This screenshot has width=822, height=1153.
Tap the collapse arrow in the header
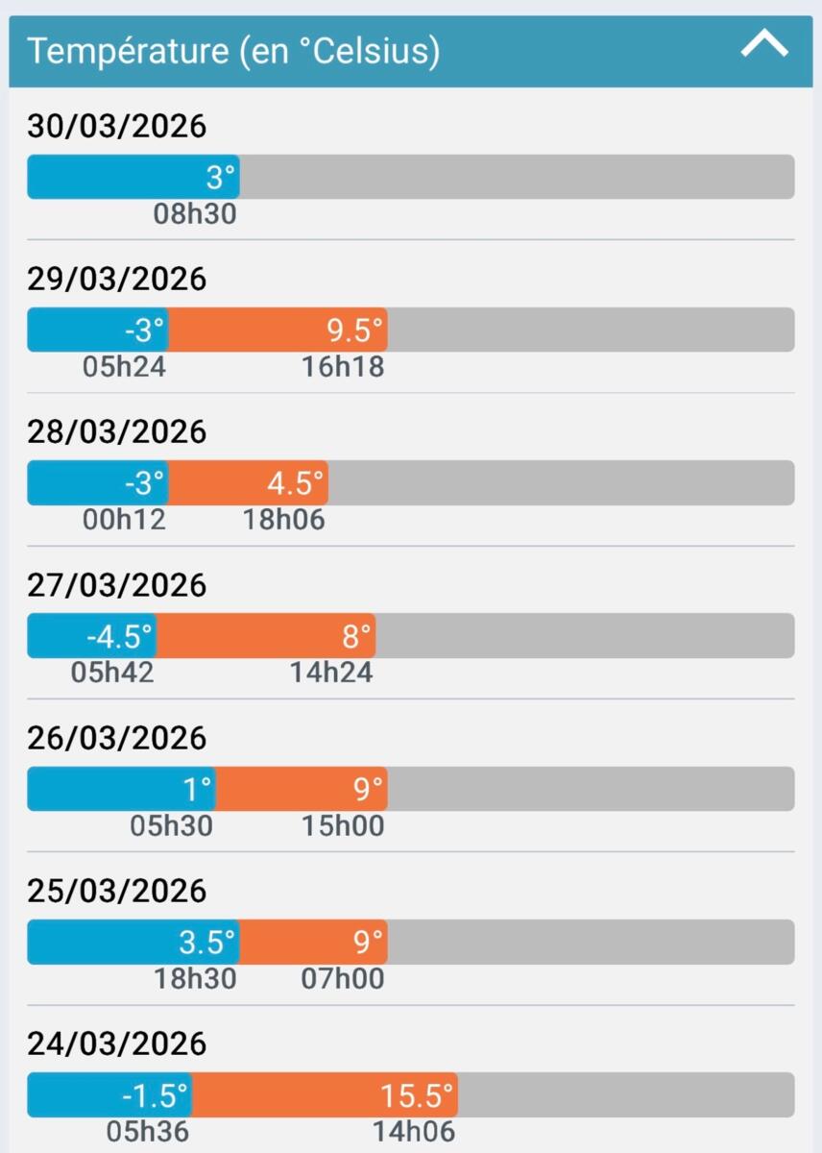point(764,44)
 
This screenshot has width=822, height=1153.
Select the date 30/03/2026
point(116,126)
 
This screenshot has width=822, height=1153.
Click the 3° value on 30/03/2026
point(221,178)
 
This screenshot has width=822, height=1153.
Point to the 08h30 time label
point(195,214)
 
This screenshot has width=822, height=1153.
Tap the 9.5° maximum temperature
point(355,331)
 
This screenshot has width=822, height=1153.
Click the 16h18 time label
point(343,367)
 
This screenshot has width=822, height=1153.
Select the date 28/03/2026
point(116,431)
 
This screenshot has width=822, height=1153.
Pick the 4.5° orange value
point(296,483)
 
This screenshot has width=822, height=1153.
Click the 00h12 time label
point(125,520)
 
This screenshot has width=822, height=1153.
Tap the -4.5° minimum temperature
point(119,636)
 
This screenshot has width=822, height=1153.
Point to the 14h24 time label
point(331,673)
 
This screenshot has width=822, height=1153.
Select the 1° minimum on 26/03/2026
point(197,789)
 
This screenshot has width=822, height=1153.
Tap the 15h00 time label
point(343,825)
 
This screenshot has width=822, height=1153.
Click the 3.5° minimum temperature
point(206,943)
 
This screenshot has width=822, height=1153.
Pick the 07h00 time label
point(343,979)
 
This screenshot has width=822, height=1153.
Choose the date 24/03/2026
point(116,1043)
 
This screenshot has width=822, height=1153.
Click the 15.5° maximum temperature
point(417,1095)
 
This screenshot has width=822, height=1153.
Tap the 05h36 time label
point(148,1132)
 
